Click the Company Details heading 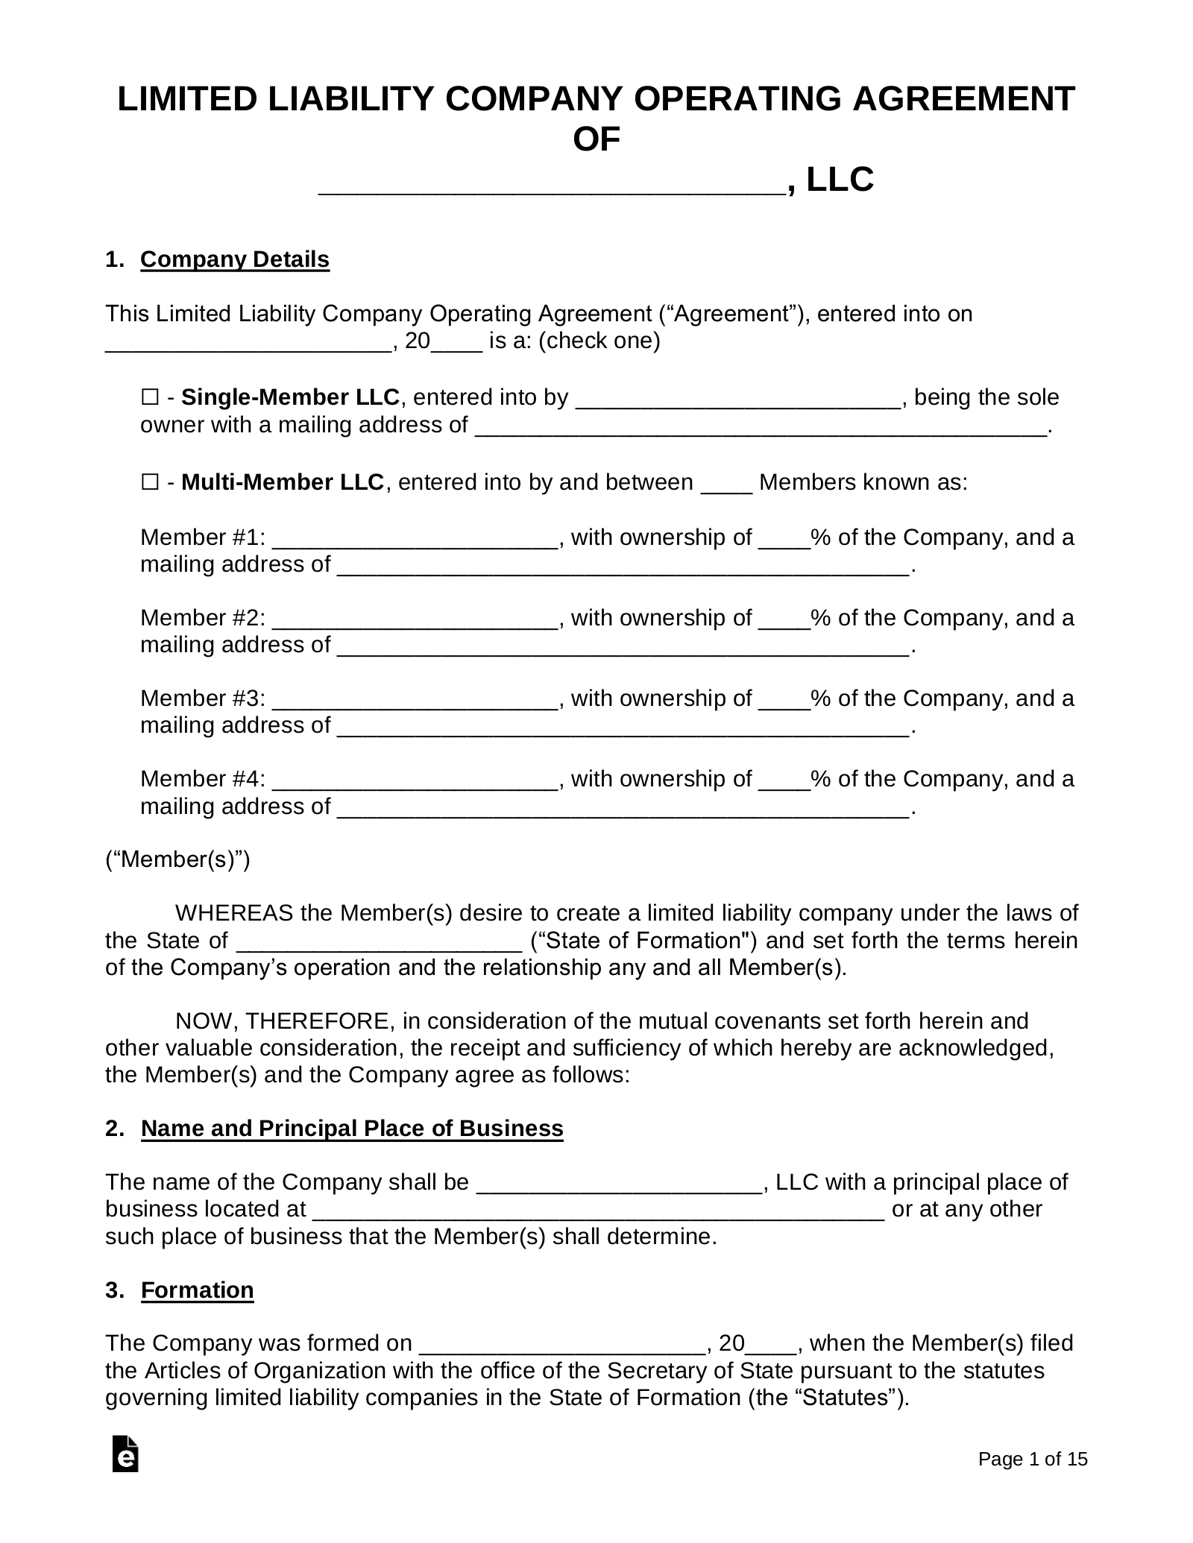234,259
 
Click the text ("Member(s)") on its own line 177,859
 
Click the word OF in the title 596,139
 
